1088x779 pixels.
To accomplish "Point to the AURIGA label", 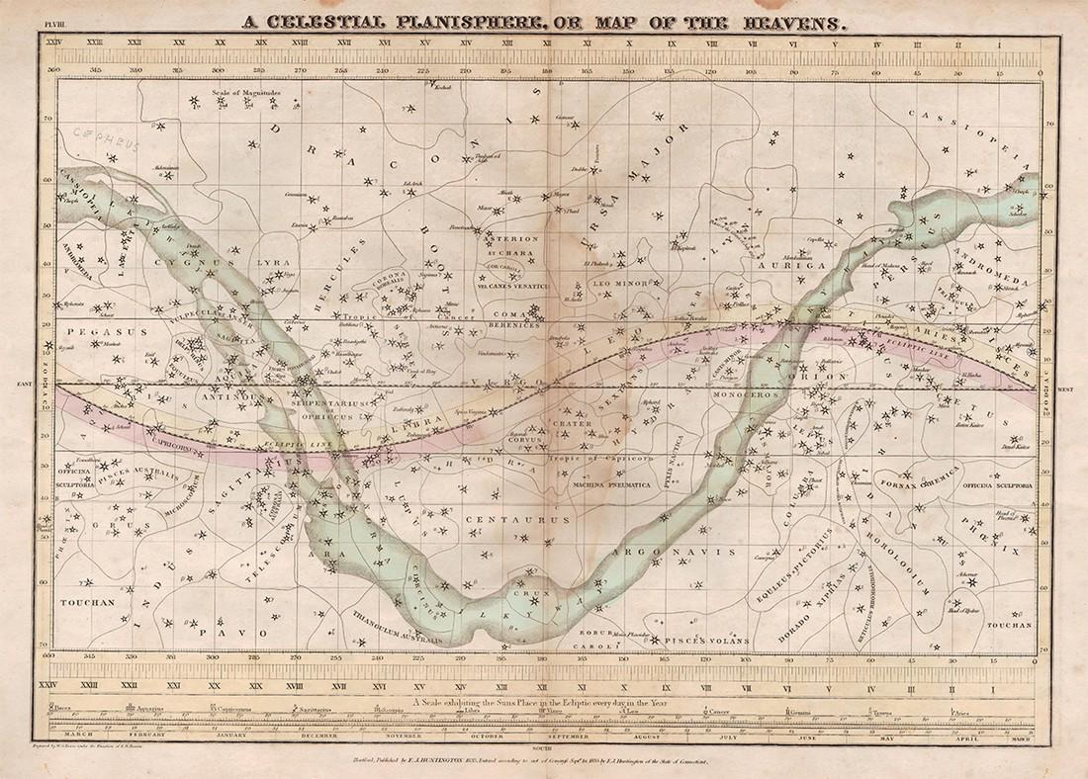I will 777,267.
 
